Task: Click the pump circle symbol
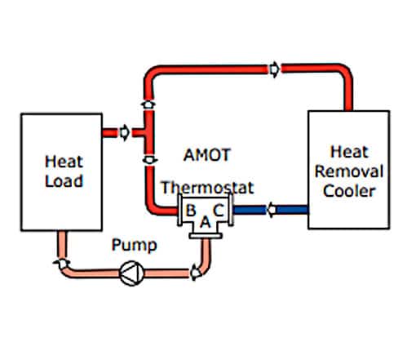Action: click(132, 273)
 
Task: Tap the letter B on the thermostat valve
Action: click(191, 210)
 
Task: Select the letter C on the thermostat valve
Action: click(219, 210)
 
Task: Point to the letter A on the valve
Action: click(206, 222)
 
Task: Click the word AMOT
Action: click(207, 155)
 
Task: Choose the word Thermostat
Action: click(207, 188)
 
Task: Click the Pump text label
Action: click(135, 246)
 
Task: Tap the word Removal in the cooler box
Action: click(349, 171)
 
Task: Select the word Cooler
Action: click(349, 191)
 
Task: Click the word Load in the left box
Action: click(64, 181)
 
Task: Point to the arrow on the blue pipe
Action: click(272, 210)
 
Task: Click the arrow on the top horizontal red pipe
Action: click(274, 69)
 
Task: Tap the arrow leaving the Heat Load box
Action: click(125, 132)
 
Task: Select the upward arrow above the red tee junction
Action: click(148, 104)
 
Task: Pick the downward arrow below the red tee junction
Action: click(149, 159)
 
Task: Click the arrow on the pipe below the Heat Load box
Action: click(62, 263)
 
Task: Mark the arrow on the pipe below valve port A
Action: click(195, 273)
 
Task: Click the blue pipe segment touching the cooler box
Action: click(292, 210)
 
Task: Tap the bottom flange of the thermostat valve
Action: click(206, 236)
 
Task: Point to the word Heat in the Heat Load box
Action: click(64, 162)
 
